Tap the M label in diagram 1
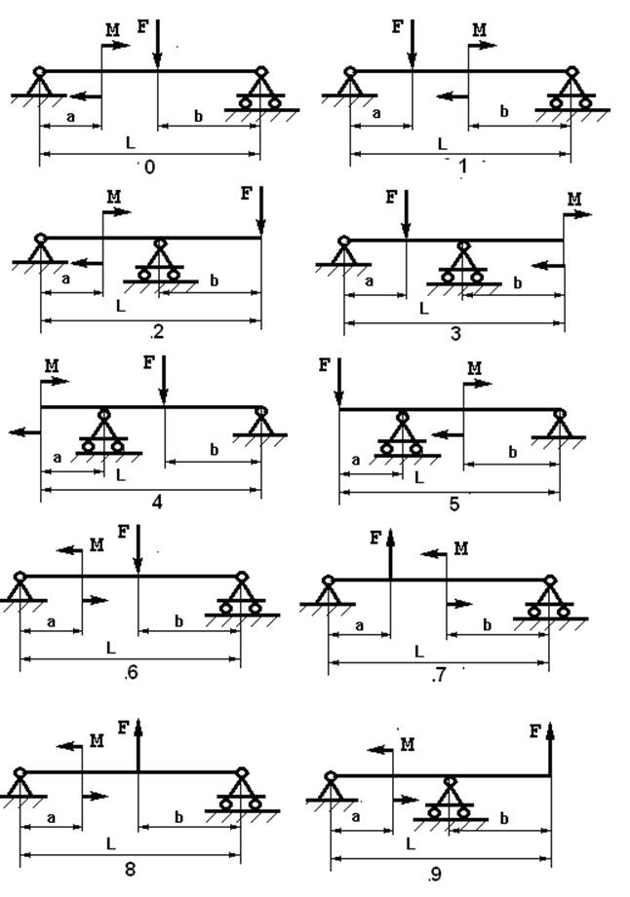(479, 30)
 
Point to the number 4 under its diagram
(156, 503)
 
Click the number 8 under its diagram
(130, 869)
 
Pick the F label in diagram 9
(535, 729)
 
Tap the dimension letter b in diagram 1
(504, 112)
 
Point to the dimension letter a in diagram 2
(66, 279)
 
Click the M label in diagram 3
(574, 200)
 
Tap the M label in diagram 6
(97, 545)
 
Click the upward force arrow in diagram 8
(138, 746)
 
